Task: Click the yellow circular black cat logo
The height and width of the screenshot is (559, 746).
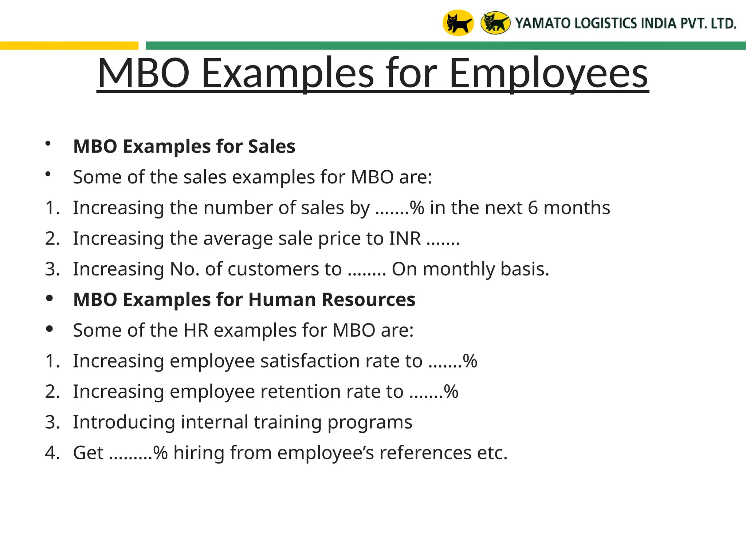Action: point(458,23)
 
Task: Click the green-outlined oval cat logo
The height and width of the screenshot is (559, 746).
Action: point(495,23)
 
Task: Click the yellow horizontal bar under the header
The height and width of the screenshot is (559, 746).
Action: point(69,46)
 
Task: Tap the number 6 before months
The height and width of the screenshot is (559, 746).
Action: point(533,208)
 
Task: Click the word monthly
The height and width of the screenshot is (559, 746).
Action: point(459,269)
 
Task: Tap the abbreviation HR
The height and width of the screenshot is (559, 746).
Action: point(196,330)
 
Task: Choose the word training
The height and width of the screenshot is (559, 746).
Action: point(287,422)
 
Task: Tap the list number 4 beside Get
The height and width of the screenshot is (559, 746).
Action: point(52,453)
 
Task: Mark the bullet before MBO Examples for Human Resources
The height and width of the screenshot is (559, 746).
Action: point(50,299)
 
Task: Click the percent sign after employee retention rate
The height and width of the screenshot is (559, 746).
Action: point(451,392)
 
